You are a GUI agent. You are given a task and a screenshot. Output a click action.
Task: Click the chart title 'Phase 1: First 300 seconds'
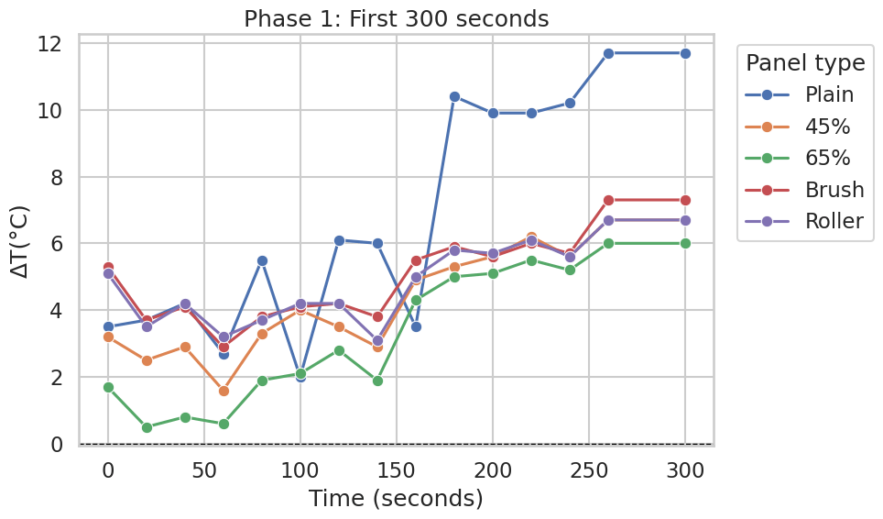coord(396,18)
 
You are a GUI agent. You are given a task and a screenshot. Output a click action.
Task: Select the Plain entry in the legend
coord(799,94)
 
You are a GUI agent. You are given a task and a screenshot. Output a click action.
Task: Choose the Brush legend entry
coord(804,190)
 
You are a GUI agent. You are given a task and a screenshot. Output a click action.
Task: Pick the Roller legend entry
coord(803,221)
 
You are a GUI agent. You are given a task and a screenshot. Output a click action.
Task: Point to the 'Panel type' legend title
coord(805,62)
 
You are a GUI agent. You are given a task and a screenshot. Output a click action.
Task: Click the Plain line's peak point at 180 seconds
coord(454,97)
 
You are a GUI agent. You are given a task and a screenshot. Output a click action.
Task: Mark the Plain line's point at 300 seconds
coord(685,53)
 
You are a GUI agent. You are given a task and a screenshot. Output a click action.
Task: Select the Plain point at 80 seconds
coord(262,261)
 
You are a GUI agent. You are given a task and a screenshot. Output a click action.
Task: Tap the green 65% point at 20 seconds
coord(147,427)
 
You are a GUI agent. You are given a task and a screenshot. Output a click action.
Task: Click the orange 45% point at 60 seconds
coord(223,391)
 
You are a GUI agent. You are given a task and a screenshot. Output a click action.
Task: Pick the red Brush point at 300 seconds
coord(685,201)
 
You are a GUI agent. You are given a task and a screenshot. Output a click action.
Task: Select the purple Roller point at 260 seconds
coord(608,220)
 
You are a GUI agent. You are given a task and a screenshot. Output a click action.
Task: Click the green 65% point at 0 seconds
coord(108,388)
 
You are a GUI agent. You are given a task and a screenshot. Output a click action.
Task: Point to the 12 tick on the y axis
coord(49,43)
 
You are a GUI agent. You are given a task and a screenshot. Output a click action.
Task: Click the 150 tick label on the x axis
coord(396,470)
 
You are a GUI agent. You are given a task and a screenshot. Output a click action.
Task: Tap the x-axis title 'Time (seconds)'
coord(396,499)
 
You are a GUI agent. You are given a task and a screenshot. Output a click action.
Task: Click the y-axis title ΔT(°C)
coord(20,243)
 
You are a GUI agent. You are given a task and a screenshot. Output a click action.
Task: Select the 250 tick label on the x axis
coord(588,470)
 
